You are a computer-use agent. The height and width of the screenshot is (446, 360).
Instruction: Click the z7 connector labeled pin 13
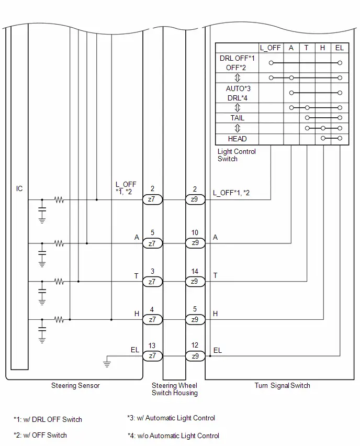point(152,356)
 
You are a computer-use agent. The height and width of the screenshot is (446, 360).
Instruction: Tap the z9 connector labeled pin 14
point(195,282)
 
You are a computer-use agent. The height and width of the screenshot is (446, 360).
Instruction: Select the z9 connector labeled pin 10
point(195,243)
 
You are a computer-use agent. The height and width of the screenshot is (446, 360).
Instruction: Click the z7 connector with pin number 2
point(152,199)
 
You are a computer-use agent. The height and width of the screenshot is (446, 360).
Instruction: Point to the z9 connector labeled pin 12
point(195,356)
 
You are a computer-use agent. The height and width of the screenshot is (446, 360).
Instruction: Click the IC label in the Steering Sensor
point(19,188)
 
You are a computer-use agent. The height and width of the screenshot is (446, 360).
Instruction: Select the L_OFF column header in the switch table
point(270,48)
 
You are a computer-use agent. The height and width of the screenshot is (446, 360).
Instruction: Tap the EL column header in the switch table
point(340,48)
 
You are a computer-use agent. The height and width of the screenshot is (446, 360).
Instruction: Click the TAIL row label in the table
point(237,118)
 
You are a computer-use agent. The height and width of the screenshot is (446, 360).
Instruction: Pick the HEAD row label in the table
point(237,139)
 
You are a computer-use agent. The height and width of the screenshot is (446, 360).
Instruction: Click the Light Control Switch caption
point(237,155)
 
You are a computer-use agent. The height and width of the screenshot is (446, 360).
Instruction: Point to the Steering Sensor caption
point(75,385)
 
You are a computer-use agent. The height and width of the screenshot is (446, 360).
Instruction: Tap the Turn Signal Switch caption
point(282,385)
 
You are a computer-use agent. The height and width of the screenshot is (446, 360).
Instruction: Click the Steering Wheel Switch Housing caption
point(175,389)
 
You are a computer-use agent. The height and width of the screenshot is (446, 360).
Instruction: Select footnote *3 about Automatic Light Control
point(171,418)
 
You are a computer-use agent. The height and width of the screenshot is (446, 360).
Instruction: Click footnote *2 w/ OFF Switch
point(40,435)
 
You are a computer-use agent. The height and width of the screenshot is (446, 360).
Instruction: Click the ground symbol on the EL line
point(107,363)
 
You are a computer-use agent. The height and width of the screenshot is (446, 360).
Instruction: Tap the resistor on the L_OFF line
point(59,199)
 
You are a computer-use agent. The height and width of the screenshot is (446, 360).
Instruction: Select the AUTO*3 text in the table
point(238,89)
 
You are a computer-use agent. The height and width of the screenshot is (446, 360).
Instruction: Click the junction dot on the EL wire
point(210,356)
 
